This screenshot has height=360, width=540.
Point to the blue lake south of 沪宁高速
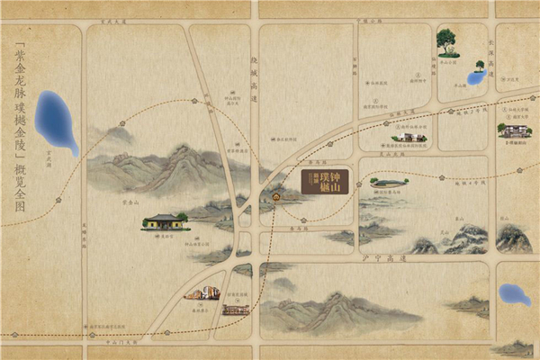coord(514,294)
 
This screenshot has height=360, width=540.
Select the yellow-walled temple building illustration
coord(164,220)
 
